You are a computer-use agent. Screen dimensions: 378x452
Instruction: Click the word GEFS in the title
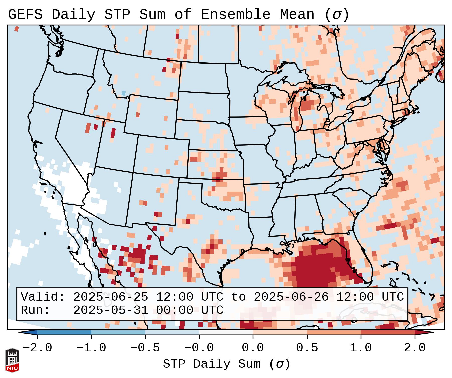pyautogui.click(x=25, y=14)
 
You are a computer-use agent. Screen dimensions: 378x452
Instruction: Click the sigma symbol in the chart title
pyautogui.click(x=337, y=14)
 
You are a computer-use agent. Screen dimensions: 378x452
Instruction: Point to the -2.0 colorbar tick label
pyautogui.click(x=37, y=348)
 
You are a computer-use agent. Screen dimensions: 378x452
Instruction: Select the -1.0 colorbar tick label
pyautogui.click(x=91, y=348)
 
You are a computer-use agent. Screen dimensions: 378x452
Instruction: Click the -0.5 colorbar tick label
pyautogui.click(x=145, y=348)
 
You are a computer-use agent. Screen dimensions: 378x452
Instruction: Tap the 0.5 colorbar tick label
pyautogui.click(x=307, y=348)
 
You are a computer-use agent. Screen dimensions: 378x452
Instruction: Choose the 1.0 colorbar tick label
pyautogui.click(x=361, y=348)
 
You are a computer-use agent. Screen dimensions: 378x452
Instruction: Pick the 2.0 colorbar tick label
pyautogui.click(x=415, y=348)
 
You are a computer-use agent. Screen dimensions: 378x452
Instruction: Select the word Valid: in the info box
pyautogui.click(x=43, y=297)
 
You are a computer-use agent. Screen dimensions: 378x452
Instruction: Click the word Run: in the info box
pyautogui.click(x=35, y=310)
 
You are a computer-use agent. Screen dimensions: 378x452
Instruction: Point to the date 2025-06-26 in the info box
pyautogui.click(x=291, y=297)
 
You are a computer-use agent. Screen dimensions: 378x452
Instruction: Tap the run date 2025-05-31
pyautogui.click(x=111, y=310)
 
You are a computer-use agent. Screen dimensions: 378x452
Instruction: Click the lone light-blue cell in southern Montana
pyautogui.click(x=123, y=93)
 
